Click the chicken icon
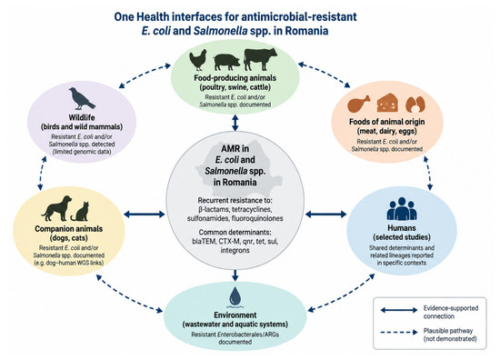pos(197,60)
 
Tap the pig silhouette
pos(226,62)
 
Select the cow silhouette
pos(260,59)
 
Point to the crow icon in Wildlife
pos(82,98)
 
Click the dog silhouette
pos(56,208)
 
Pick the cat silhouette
pos(80,212)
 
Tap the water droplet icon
pos(235,296)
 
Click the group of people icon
pos(402,209)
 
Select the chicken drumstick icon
pos(359,104)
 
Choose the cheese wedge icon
pos(387,103)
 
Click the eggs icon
pos(415,105)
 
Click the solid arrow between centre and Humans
pos(325,215)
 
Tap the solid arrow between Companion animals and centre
pos(145,215)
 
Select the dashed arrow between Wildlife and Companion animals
pos(42,174)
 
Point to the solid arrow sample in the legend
pos(399,310)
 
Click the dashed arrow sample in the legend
pos(399,332)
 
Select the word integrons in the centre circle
pos(235,250)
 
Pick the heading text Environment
pos(235,315)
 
